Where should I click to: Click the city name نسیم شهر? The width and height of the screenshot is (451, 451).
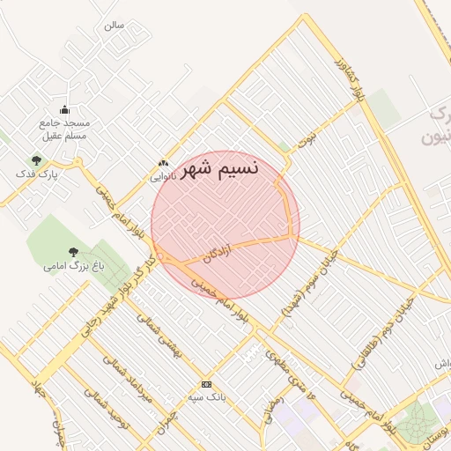tap(218, 167)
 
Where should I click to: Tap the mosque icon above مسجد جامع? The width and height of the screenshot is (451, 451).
tap(64, 109)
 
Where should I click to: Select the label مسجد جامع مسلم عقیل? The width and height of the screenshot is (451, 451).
tap(64, 129)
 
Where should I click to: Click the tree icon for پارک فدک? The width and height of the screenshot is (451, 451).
tap(36, 160)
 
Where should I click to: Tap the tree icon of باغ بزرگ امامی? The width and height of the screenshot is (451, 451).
tap(73, 252)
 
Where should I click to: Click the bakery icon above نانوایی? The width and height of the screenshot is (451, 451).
tap(162, 163)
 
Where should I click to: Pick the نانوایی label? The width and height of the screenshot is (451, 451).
tap(162, 175)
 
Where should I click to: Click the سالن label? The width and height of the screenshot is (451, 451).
tap(115, 25)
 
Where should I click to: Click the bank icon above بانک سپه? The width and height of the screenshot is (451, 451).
tap(206, 384)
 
